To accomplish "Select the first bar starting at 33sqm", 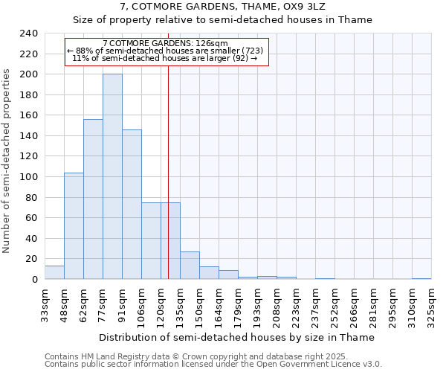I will point(54,272).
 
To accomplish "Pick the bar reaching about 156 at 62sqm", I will point(93,199).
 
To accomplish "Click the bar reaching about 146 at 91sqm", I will point(132,204).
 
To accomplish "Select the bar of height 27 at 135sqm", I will point(190,266).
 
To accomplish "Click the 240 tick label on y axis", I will point(28,33).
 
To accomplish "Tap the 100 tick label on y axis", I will point(28,177).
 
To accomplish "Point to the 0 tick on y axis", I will point(34,280).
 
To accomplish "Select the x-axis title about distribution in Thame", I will point(237,337).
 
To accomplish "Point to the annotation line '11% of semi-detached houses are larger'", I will point(165,58).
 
